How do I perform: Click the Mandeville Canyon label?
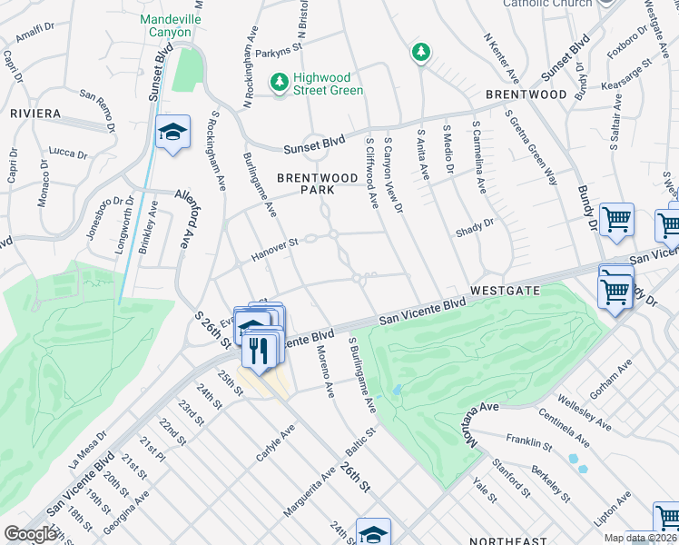coord(165,25)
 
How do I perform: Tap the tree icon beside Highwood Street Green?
coord(279,83)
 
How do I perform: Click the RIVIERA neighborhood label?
coord(34,114)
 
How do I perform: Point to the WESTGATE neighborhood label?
coord(506,290)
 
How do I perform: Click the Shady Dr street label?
coord(476,224)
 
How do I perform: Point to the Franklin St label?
coord(530,442)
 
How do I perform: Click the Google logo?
coord(31,534)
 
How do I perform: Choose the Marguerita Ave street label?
coord(302,499)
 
